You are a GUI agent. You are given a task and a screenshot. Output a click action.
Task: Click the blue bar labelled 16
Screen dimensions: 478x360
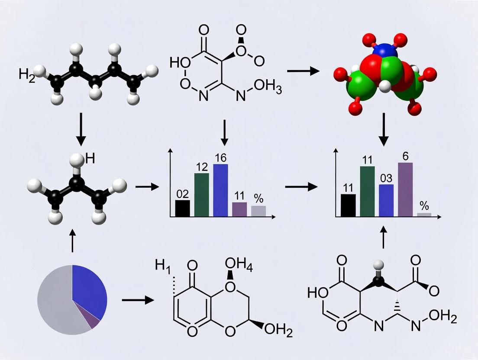(221, 190)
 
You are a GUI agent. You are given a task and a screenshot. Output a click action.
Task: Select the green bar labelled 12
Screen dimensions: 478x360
(201, 194)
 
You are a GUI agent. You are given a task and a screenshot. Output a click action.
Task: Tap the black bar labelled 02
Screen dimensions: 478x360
(183, 208)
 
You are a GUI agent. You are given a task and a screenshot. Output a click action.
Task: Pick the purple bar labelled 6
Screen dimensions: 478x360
(405, 189)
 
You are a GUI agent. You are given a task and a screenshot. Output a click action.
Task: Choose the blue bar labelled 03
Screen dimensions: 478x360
(386, 200)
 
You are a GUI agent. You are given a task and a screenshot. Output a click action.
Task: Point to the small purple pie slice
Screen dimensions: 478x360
(93, 322)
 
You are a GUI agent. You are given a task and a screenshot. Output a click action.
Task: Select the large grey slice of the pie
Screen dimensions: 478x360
(56, 303)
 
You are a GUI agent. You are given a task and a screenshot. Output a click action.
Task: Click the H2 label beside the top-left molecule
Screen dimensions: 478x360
(27, 74)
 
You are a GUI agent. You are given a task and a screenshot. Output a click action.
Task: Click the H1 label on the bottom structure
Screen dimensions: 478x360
(164, 266)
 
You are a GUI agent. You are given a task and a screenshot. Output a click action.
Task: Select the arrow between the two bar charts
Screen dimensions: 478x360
(300, 187)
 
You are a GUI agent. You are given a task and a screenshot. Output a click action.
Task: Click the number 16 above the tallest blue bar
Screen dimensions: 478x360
(221, 157)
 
